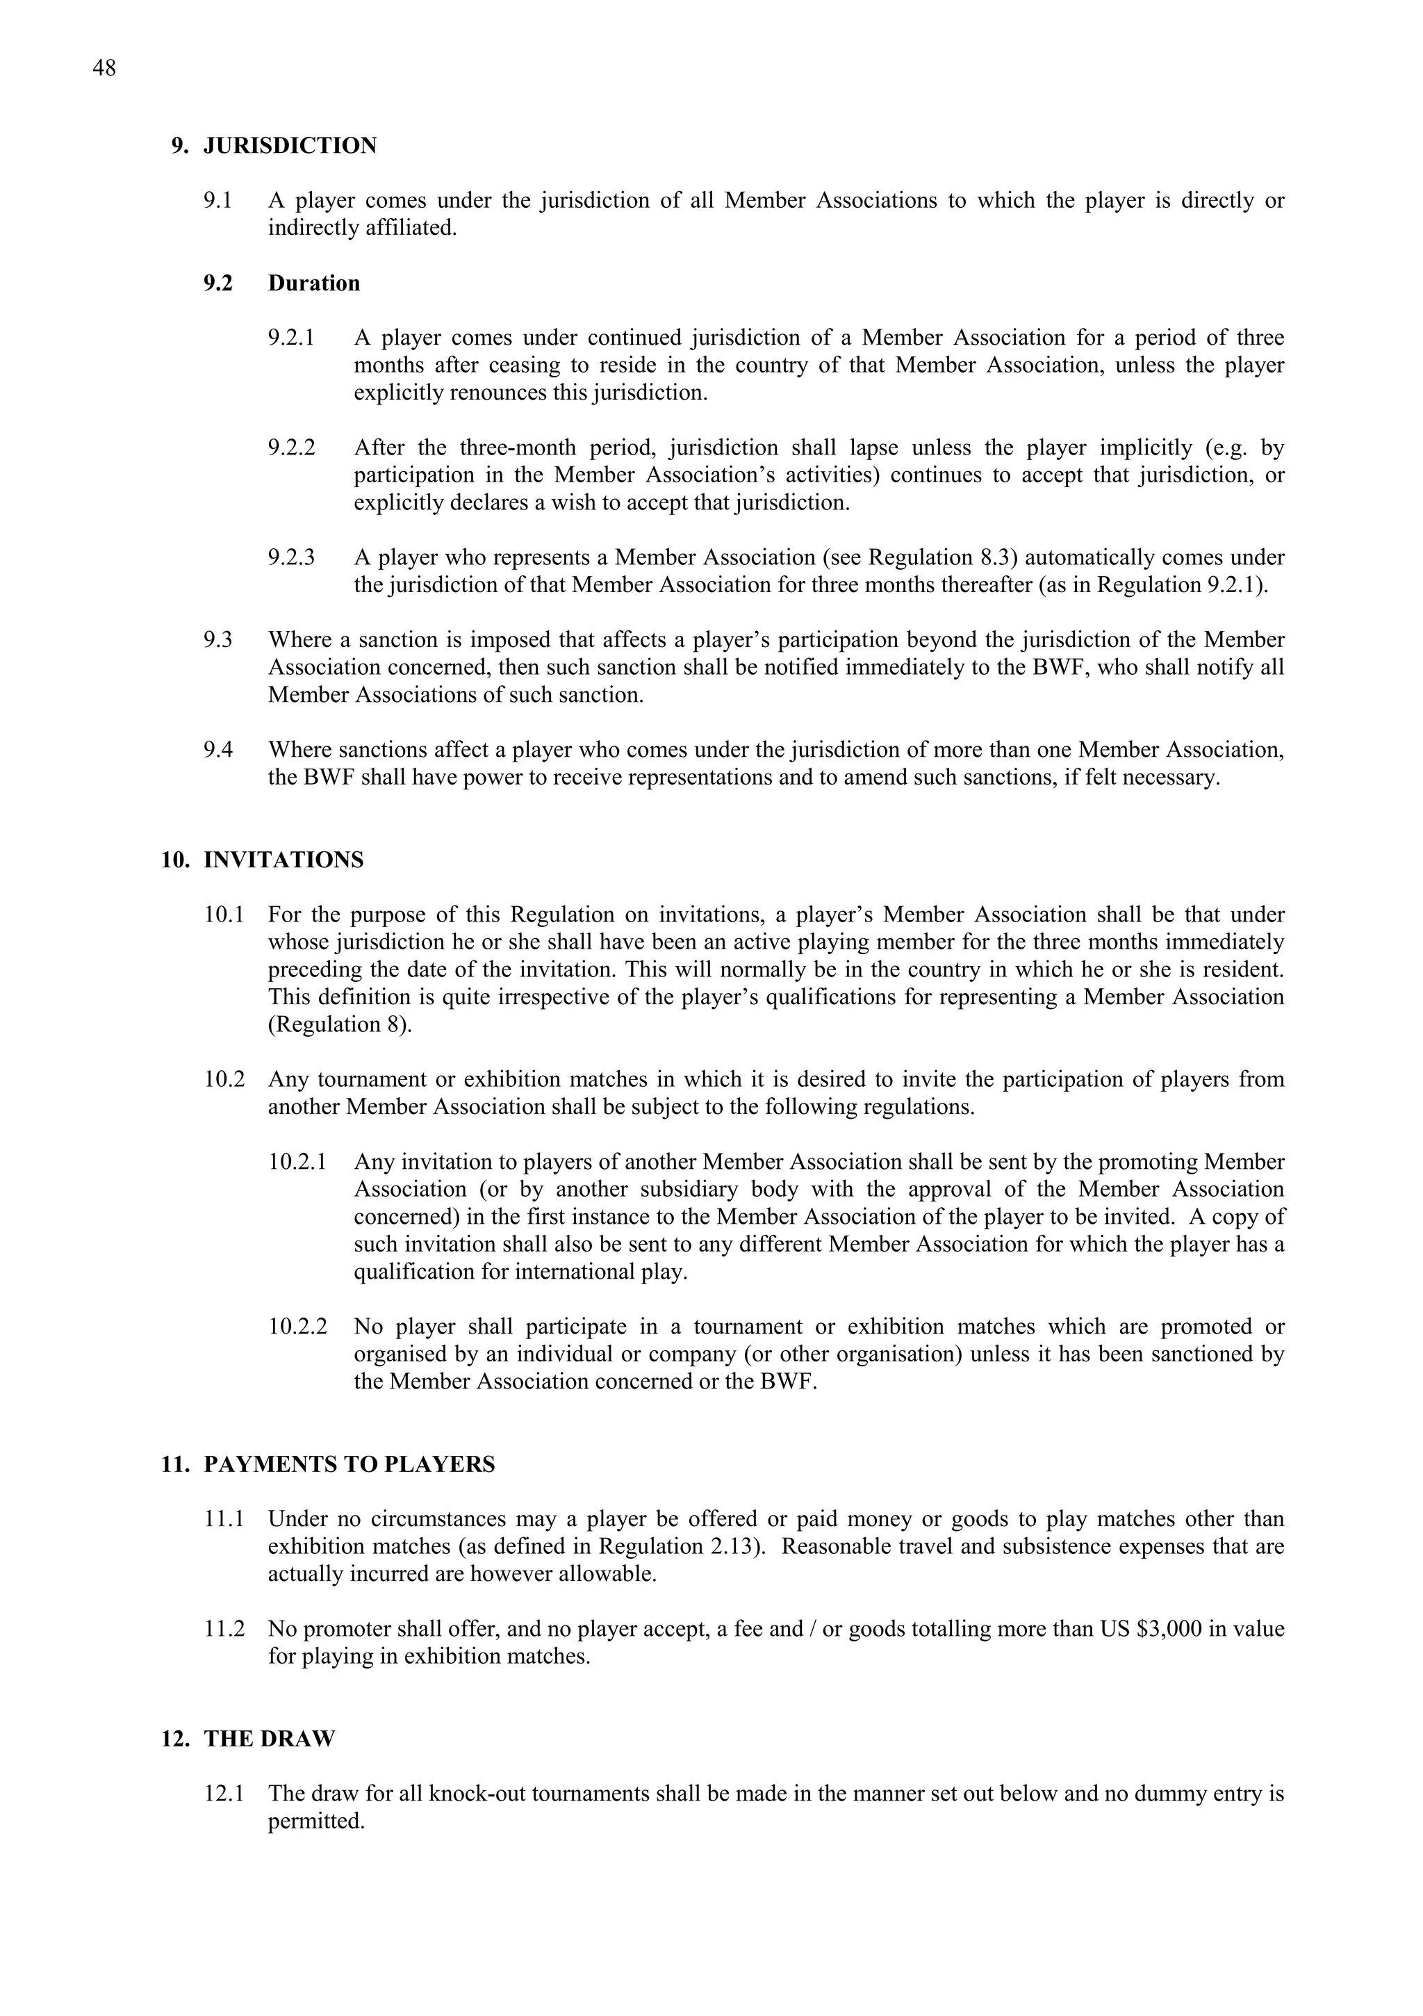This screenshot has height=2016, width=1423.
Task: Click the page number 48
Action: tap(104, 69)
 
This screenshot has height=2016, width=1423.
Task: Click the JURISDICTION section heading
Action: tap(290, 146)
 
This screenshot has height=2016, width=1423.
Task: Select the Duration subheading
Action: tap(313, 283)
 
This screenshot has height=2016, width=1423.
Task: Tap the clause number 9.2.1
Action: tap(290, 338)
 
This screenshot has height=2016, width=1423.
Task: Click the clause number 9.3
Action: tap(217, 640)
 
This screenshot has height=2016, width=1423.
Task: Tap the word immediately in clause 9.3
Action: tap(900, 667)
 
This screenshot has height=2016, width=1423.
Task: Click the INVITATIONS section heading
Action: tap(283, 860)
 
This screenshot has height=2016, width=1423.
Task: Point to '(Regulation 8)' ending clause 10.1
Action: tap(339, 1025)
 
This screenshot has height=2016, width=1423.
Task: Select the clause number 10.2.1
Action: tap(297, 1162)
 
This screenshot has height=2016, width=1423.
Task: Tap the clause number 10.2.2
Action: tap(297, 1327)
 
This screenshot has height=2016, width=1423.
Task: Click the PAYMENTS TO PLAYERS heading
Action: tap(349, 1465)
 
